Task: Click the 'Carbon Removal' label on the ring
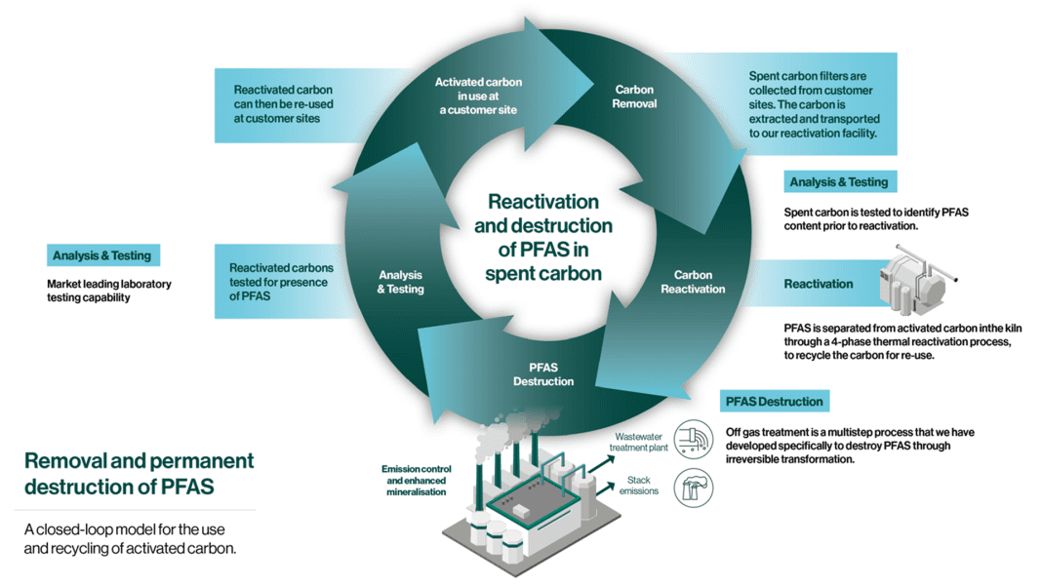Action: point(635,97)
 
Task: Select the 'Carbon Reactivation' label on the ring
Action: point(693,283)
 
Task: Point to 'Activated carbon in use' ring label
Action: point(478,96)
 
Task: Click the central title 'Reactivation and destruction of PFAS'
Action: point(543,237)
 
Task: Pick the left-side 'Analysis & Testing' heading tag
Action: point(102,255)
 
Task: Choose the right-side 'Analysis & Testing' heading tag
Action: point(839,182)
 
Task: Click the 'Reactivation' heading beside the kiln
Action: point(819,285)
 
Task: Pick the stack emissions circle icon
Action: point(694,488)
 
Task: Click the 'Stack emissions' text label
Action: point(639,485)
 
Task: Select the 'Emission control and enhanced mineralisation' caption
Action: point(414,480)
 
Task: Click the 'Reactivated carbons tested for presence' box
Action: point(282,281)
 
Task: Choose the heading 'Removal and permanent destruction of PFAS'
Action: point(139,473)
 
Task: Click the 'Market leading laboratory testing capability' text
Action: point(109,291)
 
